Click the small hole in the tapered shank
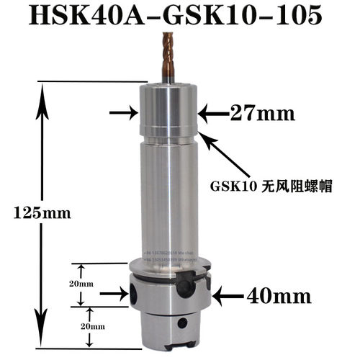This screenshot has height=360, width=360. click(184, 323)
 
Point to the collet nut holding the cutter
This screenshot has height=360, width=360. click(168, 112)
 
